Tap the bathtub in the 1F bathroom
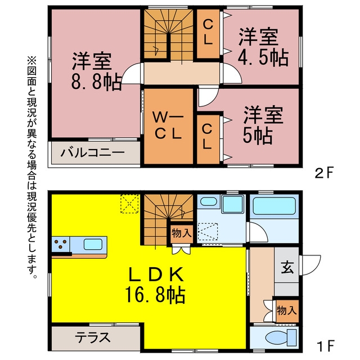(274, 206)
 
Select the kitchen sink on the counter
(93, 244)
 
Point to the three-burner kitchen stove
(61, 244)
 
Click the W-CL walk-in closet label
(168, 125)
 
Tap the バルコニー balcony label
(93, 152)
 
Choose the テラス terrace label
(92, 337)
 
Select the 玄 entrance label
(287, 268)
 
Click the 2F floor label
(323, 174)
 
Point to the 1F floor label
(325, 346)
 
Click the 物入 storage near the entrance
(287, 311)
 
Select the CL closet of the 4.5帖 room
(208, 34)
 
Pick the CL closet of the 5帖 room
(208, 139)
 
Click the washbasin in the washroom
(209, 201)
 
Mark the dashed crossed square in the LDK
(130, 204)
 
